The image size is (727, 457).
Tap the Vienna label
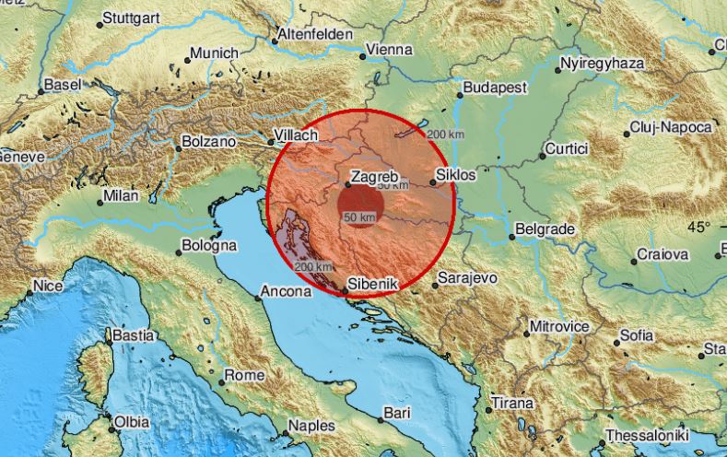click(389, 49)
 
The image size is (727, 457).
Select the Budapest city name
click(495, 87)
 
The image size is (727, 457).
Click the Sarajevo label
click(467, 275)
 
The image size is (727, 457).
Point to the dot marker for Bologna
click(178, 248)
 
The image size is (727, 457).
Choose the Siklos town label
click(457, 174)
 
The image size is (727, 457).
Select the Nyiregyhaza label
click(603, 64)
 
